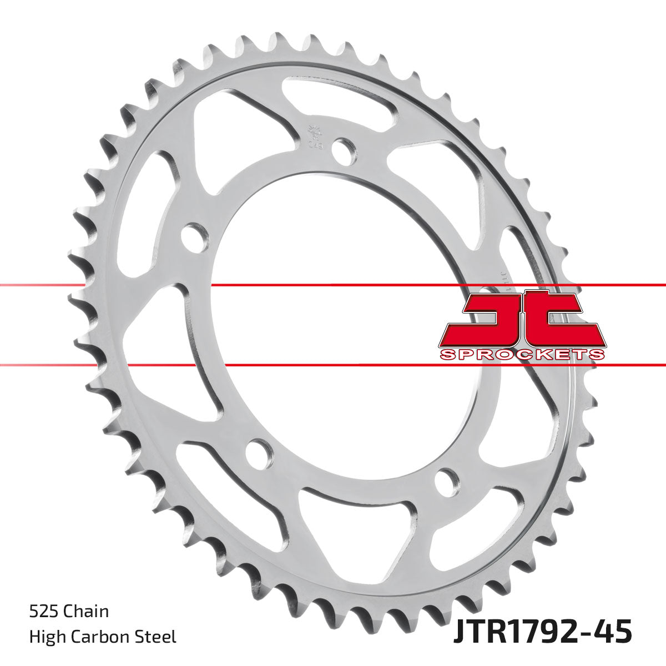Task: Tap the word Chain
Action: pyautogui.click(x=87, y=612)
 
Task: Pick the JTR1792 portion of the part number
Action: pyautogui.click(x=513, y=633)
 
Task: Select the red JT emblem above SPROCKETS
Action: pyautogui.click(x=522, y=320)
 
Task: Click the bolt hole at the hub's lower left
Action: pyautogui.click(x=258, y=452)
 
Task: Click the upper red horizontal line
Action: pyautogui.click(x=333, y=285)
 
